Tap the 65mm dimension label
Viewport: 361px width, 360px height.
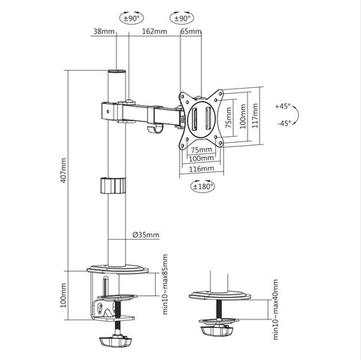191,32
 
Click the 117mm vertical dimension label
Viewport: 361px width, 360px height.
257,116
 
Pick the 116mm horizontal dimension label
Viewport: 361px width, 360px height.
199,171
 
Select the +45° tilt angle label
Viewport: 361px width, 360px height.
284,107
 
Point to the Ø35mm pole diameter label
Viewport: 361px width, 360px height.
146,234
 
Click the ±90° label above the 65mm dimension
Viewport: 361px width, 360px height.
180,17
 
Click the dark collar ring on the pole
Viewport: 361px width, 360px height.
112,185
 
